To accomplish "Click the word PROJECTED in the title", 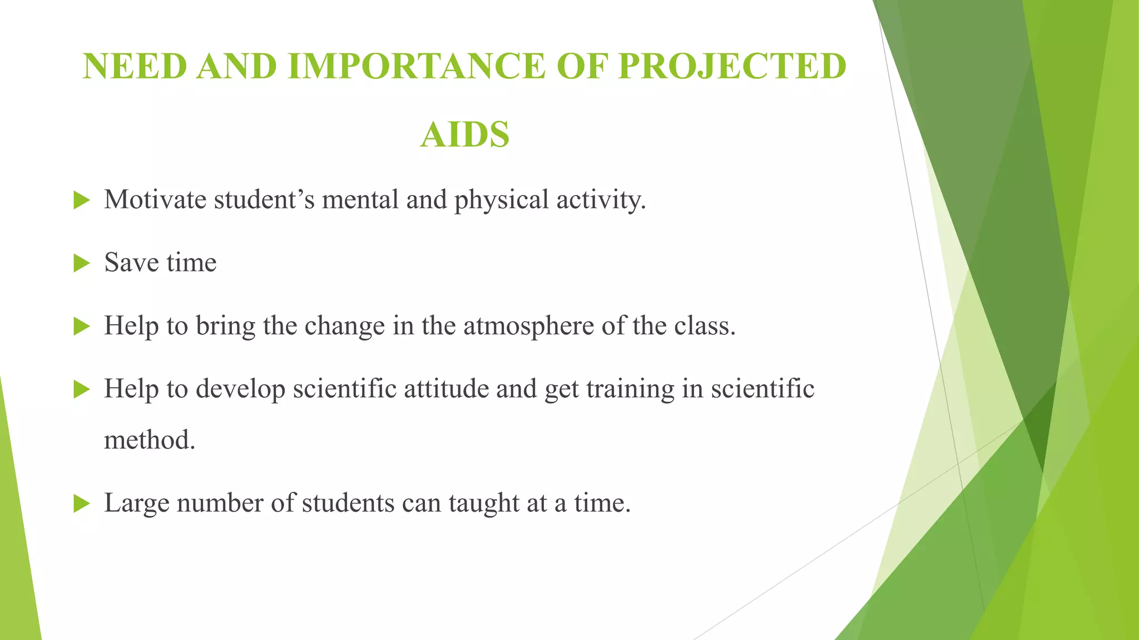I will (732, 67).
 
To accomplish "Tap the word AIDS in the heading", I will (465, 135).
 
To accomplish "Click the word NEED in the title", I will (135, 67).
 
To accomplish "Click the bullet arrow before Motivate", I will (81, 201).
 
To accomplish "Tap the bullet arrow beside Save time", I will (81, 263).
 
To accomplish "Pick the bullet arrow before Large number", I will (81, 504).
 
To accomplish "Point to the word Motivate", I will (155, 200).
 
